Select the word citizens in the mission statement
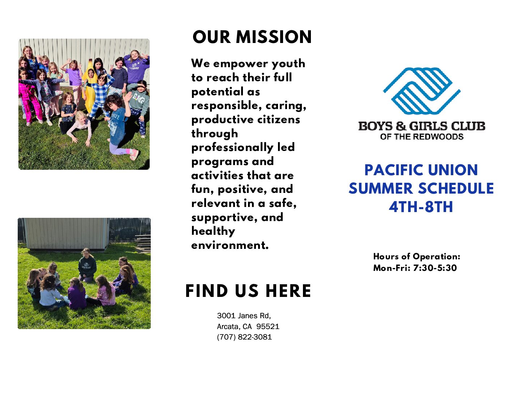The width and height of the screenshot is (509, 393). click(278, 120)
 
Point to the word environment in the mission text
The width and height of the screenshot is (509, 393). click(230, 245)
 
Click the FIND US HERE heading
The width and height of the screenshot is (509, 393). click(248, 291)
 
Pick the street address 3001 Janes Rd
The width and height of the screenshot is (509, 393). click(244, 316)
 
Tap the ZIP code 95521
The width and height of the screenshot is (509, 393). click(268, 326)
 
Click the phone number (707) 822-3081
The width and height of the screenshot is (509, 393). click(244, 337)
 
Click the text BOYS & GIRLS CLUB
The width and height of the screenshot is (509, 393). click(422, 126)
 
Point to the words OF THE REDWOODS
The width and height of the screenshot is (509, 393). click(422, 137)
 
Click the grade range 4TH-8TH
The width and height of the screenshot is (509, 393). click(421, 207)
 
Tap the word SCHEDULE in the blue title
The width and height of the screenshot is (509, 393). click(456, 189)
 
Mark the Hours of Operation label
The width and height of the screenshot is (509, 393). click(417, 256)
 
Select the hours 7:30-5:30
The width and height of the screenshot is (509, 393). click(435, 268)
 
